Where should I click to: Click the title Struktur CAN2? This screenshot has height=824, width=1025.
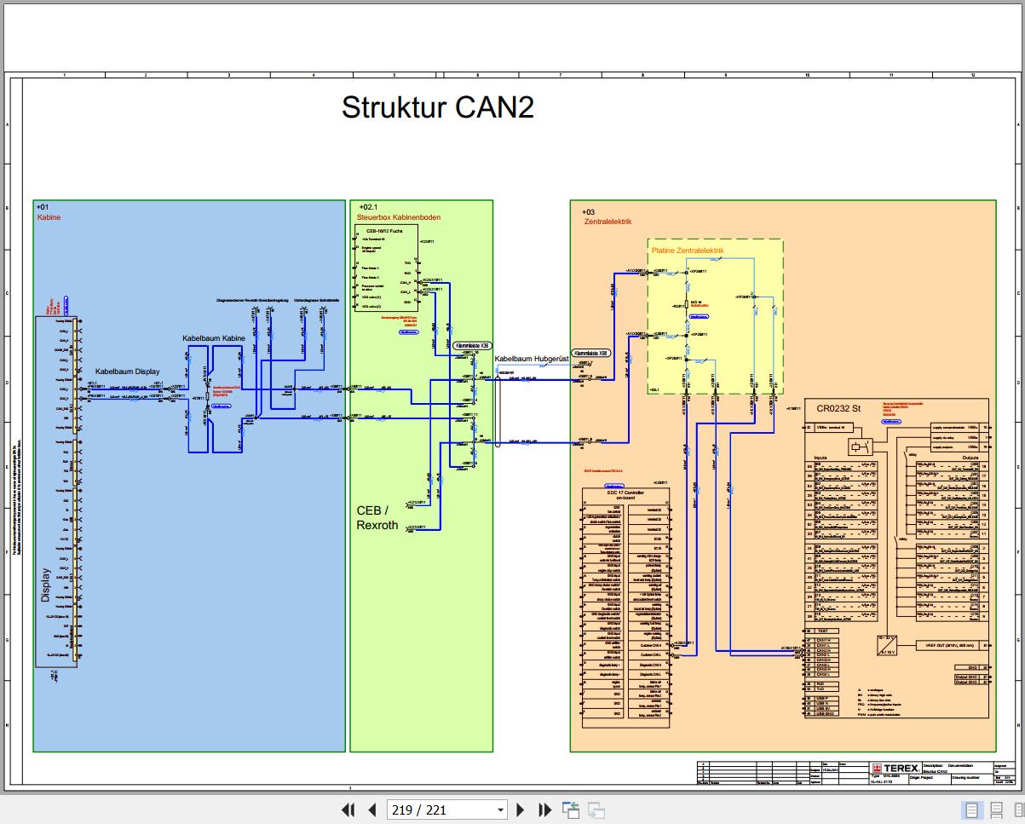[437, 108]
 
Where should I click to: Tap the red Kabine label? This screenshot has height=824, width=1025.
[49, 217]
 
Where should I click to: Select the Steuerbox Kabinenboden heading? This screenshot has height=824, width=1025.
[398, 217]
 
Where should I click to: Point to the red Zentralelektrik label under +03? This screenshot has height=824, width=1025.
[608, 222]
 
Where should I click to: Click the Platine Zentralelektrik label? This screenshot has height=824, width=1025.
[687, 251]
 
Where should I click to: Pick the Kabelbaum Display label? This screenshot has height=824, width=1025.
[127, 372]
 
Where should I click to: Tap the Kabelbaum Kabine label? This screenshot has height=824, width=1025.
[214, 338]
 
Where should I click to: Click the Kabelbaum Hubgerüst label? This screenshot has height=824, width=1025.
[530, 359]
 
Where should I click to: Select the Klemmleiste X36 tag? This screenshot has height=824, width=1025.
[473, 346]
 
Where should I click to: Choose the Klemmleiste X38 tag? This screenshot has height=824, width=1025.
[591, 352]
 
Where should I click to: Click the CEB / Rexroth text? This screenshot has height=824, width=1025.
[377, 517]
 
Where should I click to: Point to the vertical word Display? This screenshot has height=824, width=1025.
[46, 585]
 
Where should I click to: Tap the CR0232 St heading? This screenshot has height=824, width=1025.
[838, 408]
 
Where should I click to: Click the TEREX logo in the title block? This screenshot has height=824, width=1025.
[895, 768]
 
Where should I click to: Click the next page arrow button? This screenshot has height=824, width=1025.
[521, 810]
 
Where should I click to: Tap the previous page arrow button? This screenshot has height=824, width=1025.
[371, 810]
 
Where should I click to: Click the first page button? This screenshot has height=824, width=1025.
[348, 810]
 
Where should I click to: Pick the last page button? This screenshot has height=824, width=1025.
[544, 810]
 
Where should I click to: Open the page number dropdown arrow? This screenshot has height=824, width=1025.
[500, 810]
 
